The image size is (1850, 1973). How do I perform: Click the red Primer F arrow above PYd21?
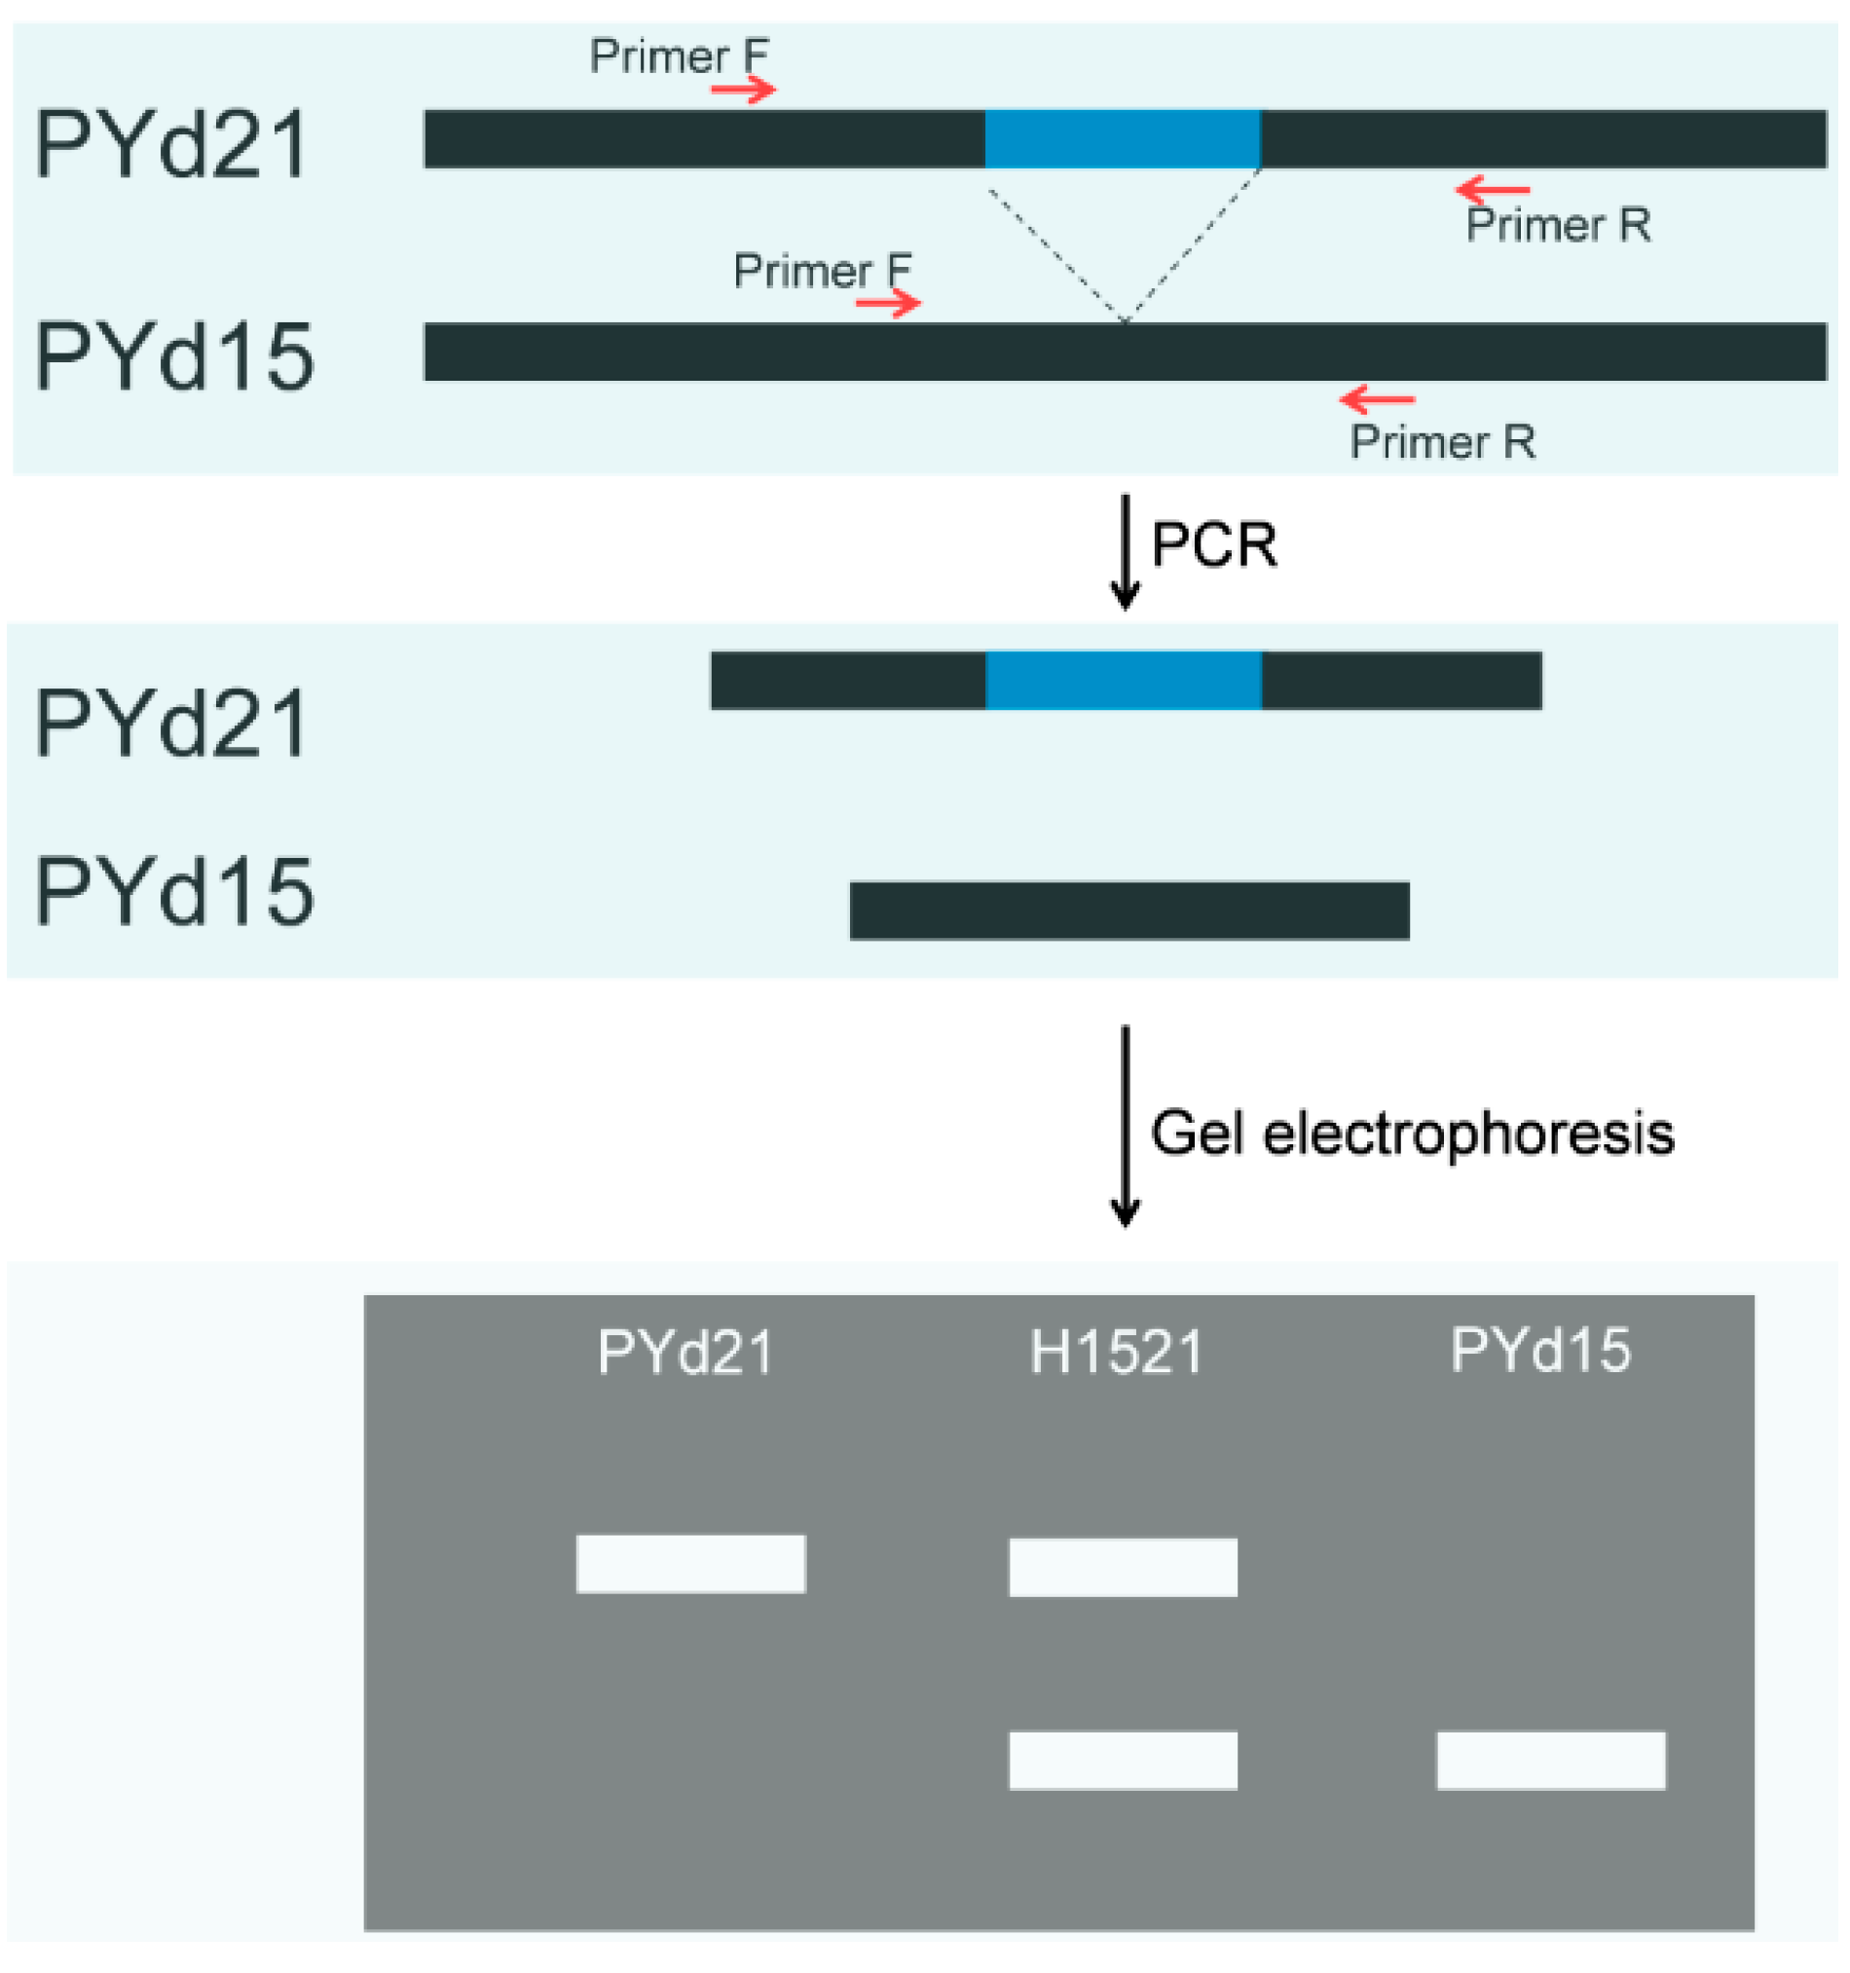pyautogui.click(x=743, y=91)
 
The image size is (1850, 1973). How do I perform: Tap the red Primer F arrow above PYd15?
pyautogui.click(x=888, y=303)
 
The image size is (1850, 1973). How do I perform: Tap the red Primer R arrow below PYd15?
pyautogui.click(x=1378, y=399)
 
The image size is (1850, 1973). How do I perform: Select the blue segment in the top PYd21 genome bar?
pyautogui.click(x=1123, y=139)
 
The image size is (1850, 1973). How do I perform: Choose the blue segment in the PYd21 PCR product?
pyautogui.click(x=1124, y=681)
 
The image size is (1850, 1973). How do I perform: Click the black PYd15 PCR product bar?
pyautogui.click(x=1129, y=911)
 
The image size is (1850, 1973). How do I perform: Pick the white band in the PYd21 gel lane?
pyautogui.click(x=690, y=1564)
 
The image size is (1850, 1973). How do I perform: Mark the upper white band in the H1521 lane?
pyautogui.click(x=1123, y=1568)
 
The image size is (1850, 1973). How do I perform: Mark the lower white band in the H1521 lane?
pyautogui.click(x=1123, y=1761)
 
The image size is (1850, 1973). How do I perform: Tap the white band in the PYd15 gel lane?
pyautogui.click(x=1550, y=1761)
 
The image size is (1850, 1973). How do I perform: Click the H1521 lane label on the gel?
pyautogui.click(x=1117, y=1352)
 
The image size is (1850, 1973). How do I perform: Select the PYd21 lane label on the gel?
pyautogui.click(x=685, y=1352)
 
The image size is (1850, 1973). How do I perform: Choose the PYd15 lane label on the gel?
pyautogui.click(x=1540, y=1350)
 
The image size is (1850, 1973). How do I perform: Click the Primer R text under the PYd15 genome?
pyautogui.click(x=1442, y=443)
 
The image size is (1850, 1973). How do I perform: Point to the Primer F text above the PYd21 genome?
pyautogui.click(x=679, y=56)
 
